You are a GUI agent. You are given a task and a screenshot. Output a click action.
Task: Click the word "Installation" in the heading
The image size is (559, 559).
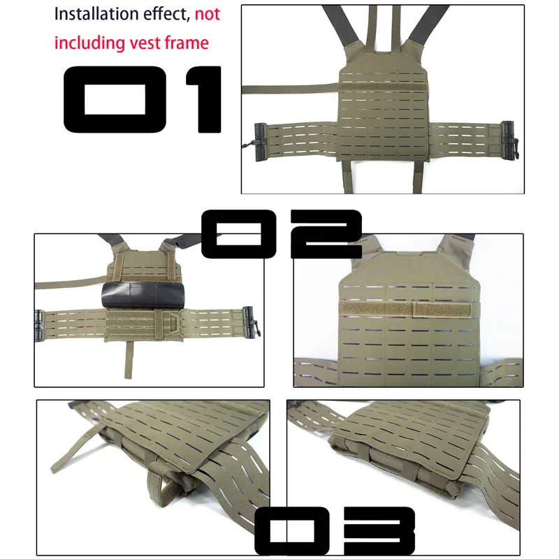point(96,14)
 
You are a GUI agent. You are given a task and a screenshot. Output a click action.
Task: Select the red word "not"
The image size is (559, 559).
point(208,14)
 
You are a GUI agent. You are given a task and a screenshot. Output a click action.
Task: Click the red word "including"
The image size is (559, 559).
point(89,43)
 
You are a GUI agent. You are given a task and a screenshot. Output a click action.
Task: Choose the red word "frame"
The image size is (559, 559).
point(187,43)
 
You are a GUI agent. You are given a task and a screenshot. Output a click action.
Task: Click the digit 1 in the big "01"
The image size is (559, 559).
point(204,99)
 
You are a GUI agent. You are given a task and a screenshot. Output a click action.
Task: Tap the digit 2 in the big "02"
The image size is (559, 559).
point(326,234)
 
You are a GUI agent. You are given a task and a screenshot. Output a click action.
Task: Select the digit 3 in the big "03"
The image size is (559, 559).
point(379,530)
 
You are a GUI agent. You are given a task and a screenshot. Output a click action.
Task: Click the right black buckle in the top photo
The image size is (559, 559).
point(510,140)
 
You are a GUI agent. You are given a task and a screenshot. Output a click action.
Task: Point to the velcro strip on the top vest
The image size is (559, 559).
point(383,87)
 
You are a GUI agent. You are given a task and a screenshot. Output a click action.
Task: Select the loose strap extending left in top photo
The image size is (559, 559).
point(290,89)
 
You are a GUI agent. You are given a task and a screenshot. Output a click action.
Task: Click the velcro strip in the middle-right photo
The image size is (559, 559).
point(405,309)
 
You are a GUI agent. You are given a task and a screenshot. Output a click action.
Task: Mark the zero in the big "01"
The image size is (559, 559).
point(115,99)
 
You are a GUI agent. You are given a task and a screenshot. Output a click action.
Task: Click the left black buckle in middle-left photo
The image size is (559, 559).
point(39,326)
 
